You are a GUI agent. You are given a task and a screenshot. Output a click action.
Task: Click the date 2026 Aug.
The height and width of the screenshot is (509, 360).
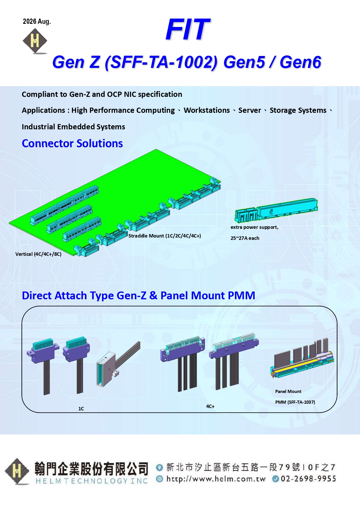click(37, 21)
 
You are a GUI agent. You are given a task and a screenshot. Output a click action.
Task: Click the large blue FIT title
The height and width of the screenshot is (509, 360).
click(188, 29)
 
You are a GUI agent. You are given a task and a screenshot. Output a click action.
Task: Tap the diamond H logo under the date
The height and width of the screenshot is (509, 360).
click(35, 41)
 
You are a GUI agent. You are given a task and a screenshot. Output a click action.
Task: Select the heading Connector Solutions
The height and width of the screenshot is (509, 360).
click(72, 144)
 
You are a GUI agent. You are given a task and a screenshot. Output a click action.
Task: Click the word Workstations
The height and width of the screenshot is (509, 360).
click(207, 111)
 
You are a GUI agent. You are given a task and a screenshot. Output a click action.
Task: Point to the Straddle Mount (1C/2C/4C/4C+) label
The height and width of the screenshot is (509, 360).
click(165, 236)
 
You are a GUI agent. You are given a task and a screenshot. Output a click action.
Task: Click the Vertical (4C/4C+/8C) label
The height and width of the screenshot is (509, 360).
click(38, 254)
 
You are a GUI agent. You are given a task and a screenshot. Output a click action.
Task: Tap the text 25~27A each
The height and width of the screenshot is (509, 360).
click(245, 238)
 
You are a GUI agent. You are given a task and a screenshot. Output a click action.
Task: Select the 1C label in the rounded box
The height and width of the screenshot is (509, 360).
click(81, 409)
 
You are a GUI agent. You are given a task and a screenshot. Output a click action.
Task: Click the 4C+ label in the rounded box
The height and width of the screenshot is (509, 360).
click(210, 406)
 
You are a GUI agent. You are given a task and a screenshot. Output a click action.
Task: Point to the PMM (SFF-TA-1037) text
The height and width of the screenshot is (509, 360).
click(295, 402)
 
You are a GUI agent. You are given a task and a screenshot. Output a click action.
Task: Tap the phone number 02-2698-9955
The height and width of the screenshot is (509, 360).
click(308, 479)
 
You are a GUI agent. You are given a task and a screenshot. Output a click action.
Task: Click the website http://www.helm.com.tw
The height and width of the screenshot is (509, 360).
click(216, 479)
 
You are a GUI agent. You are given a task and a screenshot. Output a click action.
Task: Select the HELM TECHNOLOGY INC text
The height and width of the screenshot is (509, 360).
click(92, 481)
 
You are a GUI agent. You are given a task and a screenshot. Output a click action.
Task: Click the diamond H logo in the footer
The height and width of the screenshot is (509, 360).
click(17, 471)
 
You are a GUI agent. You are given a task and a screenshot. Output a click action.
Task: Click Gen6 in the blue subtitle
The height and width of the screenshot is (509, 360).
click(301, 62)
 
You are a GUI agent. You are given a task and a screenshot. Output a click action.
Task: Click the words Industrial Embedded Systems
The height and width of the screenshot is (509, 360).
click(73, 127)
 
